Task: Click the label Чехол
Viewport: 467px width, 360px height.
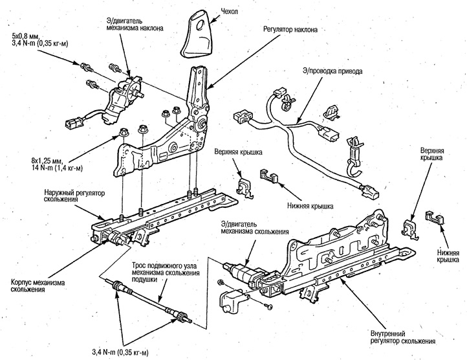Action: point(230,11)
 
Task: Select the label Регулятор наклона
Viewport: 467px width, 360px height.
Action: point(290,30)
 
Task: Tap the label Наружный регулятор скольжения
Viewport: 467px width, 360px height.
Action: point(74,196)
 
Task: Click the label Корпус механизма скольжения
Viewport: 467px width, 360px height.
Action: point(38,286)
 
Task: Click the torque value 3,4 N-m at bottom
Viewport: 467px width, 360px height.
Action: point(120,353)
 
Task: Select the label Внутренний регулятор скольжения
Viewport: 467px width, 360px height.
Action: point(403,337)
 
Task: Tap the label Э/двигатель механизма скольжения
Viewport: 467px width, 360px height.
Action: point(254,228)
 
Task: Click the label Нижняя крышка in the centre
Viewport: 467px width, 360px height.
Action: point(310,206)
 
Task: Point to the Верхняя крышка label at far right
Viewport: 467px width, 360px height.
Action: point(431,153)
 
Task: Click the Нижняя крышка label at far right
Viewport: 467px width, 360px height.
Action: point(448,256)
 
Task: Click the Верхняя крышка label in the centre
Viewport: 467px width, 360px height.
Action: point(238,152)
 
